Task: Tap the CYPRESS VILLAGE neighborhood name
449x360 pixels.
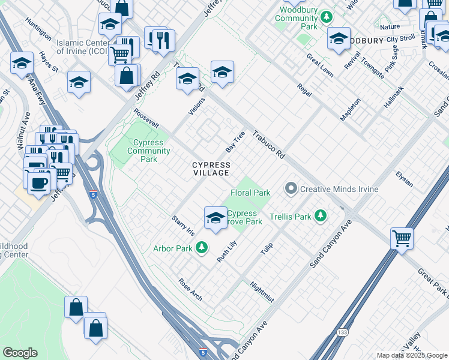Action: pyautogui.click(x=211, y=169)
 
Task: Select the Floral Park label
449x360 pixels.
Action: pyautogui.click(x=250, y=193)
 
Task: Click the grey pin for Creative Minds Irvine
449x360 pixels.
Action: pyautogui.click(x=291, y=189)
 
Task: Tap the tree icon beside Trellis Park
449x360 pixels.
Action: pyautogui.click(x=321, y=215)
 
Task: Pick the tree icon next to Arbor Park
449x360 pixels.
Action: pyautogui.click(x=202, y=247)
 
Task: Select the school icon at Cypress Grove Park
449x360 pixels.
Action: pyautogui.click(x=215, y=218)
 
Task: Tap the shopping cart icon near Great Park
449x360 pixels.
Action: pyautogui.click(x=401, y=238)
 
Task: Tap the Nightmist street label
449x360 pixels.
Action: pyautogui.click(x=262, y=292)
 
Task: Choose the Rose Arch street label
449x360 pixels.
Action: pyautogui.click(x=190, y=289)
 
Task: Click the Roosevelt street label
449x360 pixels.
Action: pyautogui.click(x=146, y=118)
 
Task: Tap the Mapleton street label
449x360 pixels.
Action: pyautogui.click(x=351, y=110)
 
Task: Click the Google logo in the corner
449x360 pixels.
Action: pyautogui.click(x=20, y=353)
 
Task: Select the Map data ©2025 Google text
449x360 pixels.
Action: pyautogui.click(x=411, y=355)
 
